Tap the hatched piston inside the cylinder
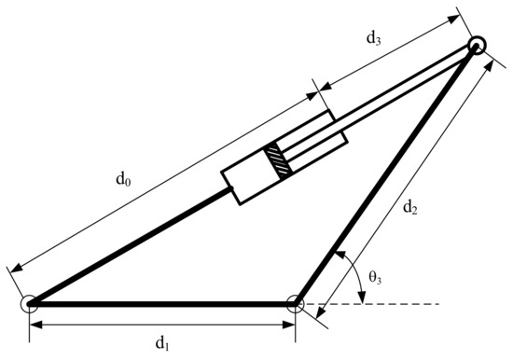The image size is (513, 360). point(279,159)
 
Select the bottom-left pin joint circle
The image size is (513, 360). point(29,304)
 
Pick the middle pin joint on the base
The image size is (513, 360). point(295,304)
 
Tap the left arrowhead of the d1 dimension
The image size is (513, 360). point(35,325)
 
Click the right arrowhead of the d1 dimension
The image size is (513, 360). point(288,325)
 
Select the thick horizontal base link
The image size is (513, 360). point(159,304)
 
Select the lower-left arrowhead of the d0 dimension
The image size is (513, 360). point(16,267)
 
